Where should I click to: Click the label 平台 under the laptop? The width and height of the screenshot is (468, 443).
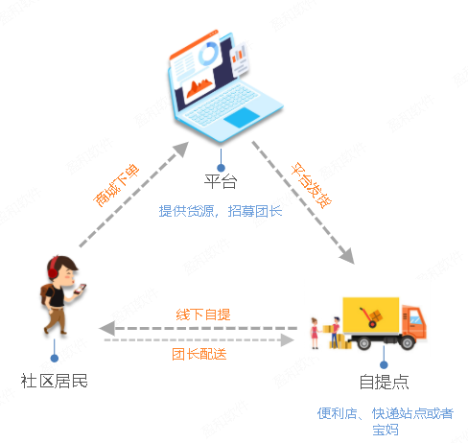tap(221, 181)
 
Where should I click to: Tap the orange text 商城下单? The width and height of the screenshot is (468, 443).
tap(116, 185)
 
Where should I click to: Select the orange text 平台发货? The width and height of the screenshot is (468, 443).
tap(311, 185)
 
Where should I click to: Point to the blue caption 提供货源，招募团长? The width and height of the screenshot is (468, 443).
tap(221, 211)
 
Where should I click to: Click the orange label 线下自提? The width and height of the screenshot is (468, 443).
tap(203, 315)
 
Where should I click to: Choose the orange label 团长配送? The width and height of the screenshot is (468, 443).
tap(199, 354)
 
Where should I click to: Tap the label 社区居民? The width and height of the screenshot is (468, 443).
tap(54, 381)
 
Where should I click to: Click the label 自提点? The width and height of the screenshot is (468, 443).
tap(384, 382)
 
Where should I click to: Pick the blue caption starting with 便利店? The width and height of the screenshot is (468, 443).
tap(386, 421)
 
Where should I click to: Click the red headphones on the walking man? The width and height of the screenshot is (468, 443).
tap(53, 269)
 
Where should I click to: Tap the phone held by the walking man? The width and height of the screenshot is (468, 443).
tap(81, 289)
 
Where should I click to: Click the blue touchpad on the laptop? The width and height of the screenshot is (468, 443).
tap(242, 117)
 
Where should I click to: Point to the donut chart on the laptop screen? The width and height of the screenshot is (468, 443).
tap(208, 54)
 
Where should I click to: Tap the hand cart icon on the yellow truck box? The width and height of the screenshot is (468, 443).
tap(371, 317)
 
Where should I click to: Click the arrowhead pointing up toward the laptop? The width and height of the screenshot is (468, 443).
tap(181, 149)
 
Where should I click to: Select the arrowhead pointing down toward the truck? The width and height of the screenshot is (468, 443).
tap(347, 256)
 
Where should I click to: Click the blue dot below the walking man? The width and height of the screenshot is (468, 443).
tap(55, 358)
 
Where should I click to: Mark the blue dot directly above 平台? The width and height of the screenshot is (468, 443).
tap(221, 168)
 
